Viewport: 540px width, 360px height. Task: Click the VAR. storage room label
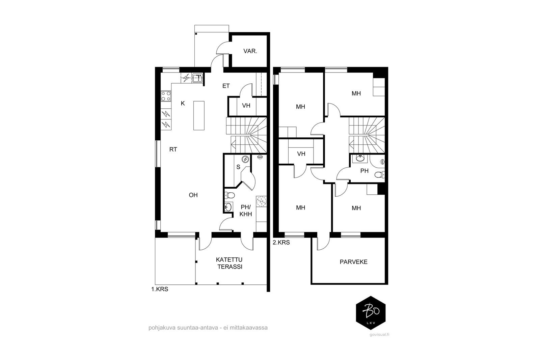250,51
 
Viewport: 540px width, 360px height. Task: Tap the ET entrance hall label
226,86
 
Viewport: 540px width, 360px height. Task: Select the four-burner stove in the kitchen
166,96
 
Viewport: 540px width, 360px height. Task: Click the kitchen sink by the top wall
197,79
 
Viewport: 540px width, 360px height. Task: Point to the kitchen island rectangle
199,116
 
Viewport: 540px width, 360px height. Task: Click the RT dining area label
173,149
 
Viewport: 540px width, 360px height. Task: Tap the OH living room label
193,195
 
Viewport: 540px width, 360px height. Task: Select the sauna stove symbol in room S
245,159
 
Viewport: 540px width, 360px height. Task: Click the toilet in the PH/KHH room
230,195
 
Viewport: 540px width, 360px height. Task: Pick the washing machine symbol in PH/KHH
261,202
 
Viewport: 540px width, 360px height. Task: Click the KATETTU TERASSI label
229,263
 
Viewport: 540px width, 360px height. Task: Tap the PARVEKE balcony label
353,262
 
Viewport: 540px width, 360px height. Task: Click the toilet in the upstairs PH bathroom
380,174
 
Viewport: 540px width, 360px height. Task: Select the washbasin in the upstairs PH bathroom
360,159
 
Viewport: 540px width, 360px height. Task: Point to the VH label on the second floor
301,154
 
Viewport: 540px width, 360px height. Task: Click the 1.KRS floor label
160,289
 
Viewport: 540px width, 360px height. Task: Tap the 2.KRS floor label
281,242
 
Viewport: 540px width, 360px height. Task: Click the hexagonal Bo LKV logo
371,313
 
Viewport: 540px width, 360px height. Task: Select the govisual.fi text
379,334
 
